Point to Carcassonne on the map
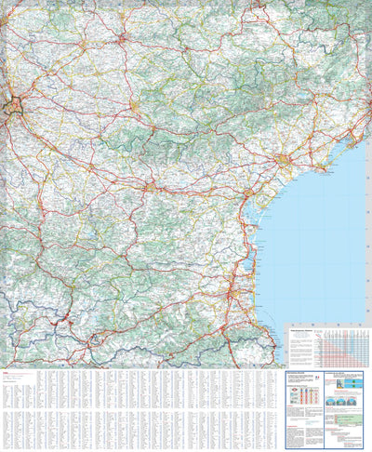(x=150, y=188)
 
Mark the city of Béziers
(x=284, y=162)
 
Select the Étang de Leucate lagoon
(x=253, y=256)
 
